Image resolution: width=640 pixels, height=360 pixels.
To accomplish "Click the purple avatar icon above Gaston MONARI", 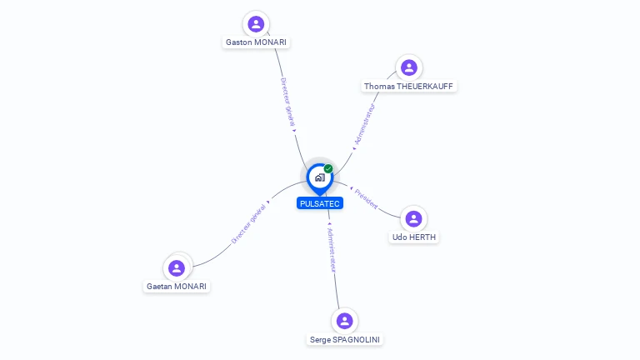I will (256, 24).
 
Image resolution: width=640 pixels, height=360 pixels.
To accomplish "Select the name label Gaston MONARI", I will (257, 42).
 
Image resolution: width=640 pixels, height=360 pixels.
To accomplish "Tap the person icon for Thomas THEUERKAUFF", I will (408, 67).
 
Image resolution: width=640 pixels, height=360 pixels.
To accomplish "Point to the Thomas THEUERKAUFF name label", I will (409, 86).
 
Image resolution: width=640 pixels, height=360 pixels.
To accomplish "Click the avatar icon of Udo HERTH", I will (413, 219).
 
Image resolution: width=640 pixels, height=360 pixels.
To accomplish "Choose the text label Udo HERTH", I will (414, 237).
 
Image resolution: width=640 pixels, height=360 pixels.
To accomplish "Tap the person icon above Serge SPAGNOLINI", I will (344, 321).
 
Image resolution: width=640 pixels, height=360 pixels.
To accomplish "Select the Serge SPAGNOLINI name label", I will (345, 339).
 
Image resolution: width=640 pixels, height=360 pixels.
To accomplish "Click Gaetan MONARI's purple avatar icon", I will (176, 268).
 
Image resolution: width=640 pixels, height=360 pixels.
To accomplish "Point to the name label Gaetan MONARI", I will (177, 286).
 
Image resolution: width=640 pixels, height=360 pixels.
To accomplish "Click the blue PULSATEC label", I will (320, 203).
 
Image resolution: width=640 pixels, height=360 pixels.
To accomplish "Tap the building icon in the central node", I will (319, 177).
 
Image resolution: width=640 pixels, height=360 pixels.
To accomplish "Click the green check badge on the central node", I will (328, 169).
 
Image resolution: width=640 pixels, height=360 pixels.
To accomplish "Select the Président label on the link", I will (366, 199).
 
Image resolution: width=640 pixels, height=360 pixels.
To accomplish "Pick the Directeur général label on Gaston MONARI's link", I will (287, 102).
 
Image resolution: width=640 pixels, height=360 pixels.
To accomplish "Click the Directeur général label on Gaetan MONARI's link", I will (248, 223).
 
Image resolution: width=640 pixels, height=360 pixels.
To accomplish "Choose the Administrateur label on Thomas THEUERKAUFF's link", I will (365, 124).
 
